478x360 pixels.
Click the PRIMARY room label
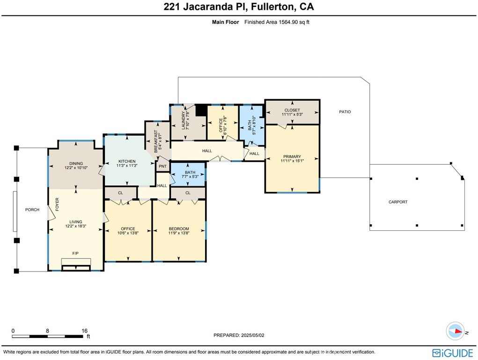pos(292,157)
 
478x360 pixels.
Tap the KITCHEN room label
pos(126,162)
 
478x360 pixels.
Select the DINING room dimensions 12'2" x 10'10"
pos(76,167)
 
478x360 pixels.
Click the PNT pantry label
pos(162,166)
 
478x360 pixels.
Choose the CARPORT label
pos(398,202)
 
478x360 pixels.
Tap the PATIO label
pos(345,112)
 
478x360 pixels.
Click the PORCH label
pos(32,210)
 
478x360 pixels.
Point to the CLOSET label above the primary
pos(292,110)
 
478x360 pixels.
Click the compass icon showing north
pos(455,331)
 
